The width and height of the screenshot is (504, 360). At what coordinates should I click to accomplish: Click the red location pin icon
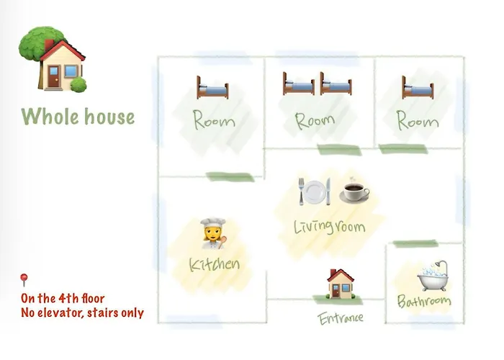(24, 279)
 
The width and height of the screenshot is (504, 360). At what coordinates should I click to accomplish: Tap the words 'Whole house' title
(78, 117)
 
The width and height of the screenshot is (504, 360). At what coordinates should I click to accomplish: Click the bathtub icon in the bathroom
(433, 276)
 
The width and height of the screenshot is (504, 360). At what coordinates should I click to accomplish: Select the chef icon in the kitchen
(212, 233)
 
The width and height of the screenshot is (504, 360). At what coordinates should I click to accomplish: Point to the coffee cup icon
(354, 192)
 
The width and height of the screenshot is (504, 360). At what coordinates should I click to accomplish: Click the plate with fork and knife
(315, 192)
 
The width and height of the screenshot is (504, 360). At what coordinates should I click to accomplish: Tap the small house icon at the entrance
(341, 284)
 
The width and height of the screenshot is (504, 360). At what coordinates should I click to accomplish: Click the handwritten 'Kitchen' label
(215, 264)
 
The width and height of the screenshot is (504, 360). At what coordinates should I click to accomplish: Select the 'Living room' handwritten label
(330, 226)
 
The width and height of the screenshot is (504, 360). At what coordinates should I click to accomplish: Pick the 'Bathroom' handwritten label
(424, 301)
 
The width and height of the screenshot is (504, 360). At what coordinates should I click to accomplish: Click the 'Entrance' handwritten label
(341, 318)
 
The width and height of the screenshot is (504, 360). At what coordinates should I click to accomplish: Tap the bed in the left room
(212, 87)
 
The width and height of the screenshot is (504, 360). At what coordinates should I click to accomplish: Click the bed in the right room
(418, 87)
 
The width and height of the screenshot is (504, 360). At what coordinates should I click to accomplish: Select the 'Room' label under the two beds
(315, 121)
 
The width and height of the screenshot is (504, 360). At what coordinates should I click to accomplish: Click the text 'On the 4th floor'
(63, 298)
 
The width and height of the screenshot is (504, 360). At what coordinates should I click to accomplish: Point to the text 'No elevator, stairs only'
(82, 312)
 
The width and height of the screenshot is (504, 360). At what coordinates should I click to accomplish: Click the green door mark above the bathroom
(415, 243)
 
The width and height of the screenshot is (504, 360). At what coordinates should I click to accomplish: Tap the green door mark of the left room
(230, 177)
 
